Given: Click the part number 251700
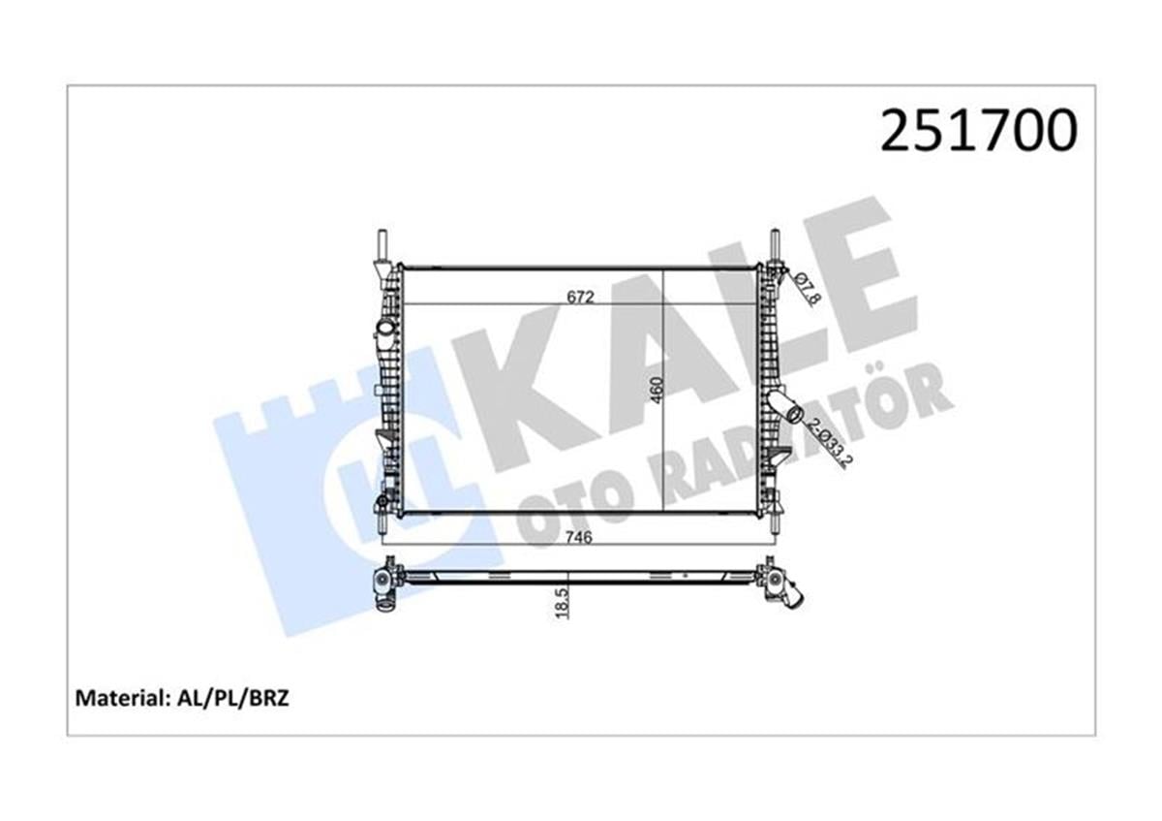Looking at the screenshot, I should coord(977,131).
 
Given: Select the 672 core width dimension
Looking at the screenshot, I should coord(580,297).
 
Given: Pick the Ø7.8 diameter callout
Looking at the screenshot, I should coord(807,289).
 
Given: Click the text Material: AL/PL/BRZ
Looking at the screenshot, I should coord(182,697).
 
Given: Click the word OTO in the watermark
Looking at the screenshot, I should coord(563,504).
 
